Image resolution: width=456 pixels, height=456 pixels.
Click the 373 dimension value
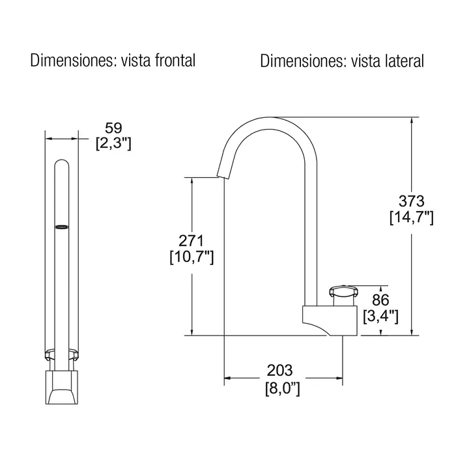click(x=411, y=201)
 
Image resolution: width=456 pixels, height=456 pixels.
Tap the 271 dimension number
click(x=191, y=241)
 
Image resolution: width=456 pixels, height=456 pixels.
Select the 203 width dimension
click(x=279, y=370)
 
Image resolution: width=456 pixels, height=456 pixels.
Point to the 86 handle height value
click(x=380, y=300)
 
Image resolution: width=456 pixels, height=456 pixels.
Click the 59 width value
click(x=113, y=128)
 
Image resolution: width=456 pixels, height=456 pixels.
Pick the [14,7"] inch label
click(x=412, y=217)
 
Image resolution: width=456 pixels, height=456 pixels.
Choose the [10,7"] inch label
click(x=192, y=257)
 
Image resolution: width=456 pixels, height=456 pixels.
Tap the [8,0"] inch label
click(x=282, y=388)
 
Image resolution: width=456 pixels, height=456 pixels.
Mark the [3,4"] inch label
click(x=380, y=316)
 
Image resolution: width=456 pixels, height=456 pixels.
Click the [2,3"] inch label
click(x=113, y=143)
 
